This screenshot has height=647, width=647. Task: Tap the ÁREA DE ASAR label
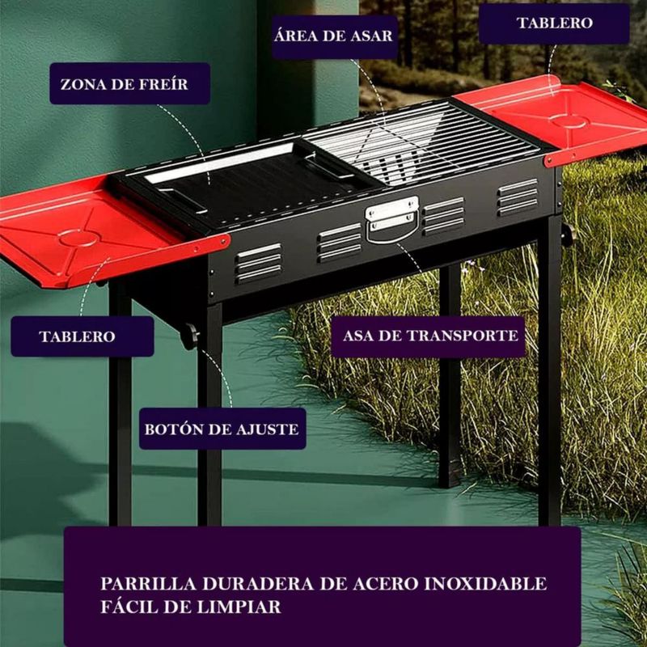(x=334, y=36)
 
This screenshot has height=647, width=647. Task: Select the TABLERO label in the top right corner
(x=554, y=23)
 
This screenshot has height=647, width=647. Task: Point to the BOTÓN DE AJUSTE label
(x=222, y=429)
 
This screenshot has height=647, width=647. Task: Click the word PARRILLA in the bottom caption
(x=148, y=584)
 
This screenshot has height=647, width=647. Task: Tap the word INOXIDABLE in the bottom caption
(x=485, y=584)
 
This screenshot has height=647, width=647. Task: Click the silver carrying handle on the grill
(x=392, y=218)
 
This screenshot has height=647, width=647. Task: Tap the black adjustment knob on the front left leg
(x=189, y=336)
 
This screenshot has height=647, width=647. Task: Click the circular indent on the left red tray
(x=79, y=238)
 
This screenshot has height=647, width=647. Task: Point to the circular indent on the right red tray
(x=570, y=121)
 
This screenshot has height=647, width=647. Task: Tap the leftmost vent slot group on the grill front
(x=259, y=263)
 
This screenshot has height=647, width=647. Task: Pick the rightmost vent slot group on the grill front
(x=518, y=197)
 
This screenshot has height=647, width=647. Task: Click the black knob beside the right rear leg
(x=569, y=235)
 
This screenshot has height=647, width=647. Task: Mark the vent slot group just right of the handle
(x=443, y=216)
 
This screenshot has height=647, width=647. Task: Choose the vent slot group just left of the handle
(x=339, y=243)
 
